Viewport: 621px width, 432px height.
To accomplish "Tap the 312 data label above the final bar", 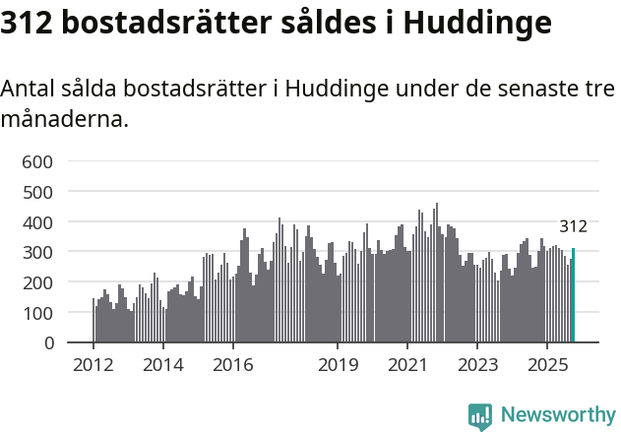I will pos(573,226).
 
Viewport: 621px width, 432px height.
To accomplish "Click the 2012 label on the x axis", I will pos(93,366).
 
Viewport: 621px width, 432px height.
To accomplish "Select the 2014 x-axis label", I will pos(163,366).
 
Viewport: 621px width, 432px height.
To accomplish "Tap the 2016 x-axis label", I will pos(232,366).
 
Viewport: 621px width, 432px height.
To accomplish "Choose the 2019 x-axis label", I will pos(338,366).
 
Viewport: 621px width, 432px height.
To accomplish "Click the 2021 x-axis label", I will pos(406,366).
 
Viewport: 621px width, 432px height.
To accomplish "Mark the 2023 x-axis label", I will pos(476,366).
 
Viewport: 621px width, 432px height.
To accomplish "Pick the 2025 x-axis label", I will pos(546,366).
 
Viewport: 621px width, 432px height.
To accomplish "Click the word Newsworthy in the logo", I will pos(557,415).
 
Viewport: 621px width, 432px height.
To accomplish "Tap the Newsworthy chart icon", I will pos(480,416).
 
